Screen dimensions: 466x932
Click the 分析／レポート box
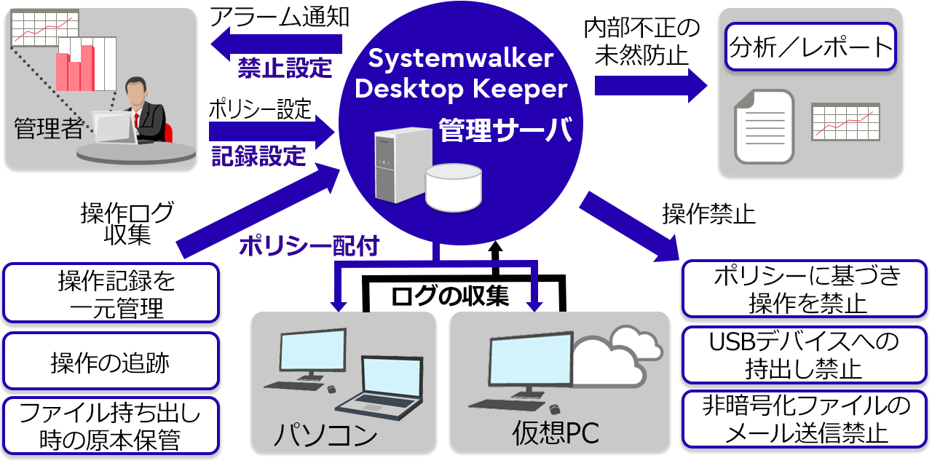pyautogui.click(x=810, y=48)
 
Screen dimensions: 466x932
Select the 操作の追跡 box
pyautogui.click(x=111, y=362)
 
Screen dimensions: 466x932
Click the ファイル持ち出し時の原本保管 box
pyautogui.click(x=111, y=427)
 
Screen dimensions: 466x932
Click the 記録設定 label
pyautogui.click(x=258, y=155)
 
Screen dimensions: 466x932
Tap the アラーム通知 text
pyautogui.click(x=280, y=17)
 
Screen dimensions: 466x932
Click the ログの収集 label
pyautogui.click(x=449, y=296)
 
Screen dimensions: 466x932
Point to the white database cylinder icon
pyautogui.click(x=454, y=186)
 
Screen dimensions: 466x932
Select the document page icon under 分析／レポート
pyautogui.click(x=762, y=126)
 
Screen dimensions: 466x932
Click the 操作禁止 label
pyautogui.click(x=708, y=214)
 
